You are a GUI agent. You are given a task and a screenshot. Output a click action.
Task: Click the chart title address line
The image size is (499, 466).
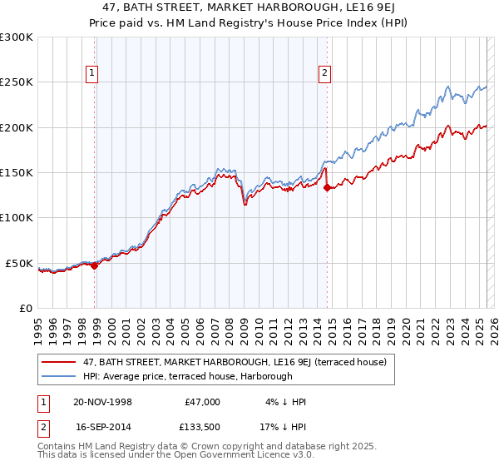[249, 7]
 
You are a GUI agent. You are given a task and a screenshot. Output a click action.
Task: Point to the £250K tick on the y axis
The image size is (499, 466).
[17, 82]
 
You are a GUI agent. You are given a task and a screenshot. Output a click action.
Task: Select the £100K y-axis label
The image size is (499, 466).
[17, 218]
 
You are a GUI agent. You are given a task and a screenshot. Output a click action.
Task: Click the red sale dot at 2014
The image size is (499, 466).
[327, 188]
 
